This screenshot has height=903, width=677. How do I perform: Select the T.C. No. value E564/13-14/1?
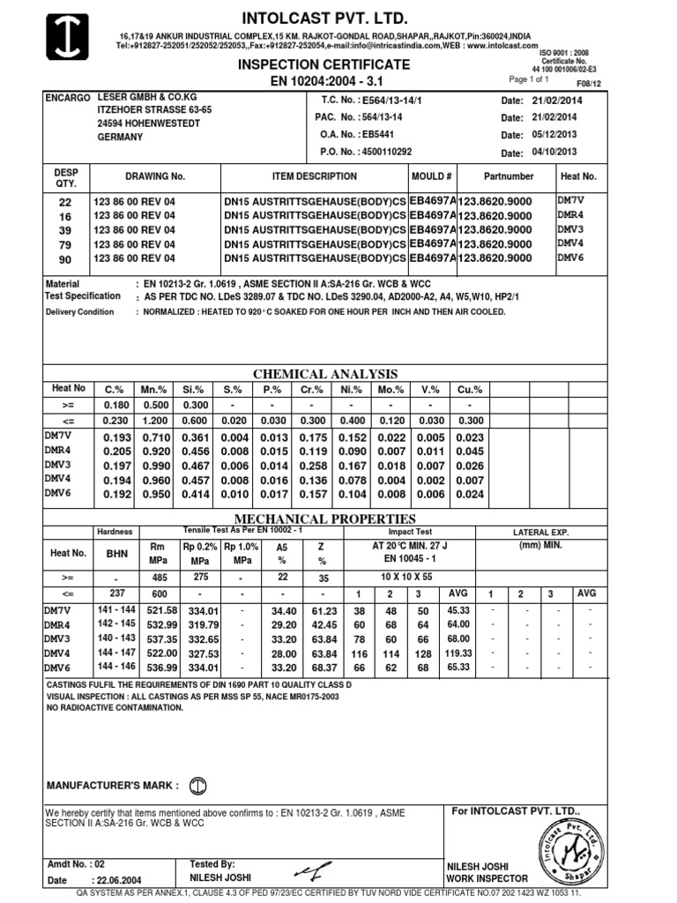[x=386, y=101]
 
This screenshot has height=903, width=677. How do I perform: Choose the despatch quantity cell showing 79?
[x=63, y=243]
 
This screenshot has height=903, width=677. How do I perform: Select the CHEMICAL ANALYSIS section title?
[x=326, y=374]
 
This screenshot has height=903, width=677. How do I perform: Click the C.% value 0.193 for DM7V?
[x=117, y=439]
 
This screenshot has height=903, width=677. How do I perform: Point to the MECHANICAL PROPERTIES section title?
[x=326, y=519]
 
